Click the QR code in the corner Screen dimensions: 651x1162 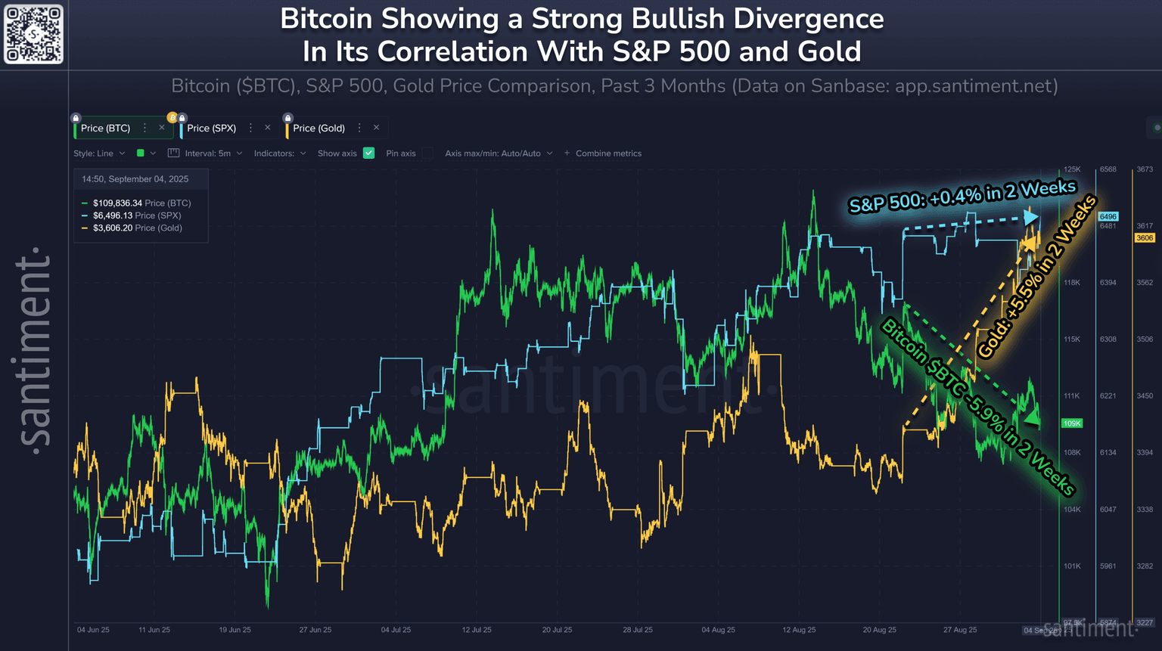click(x=34, y=34)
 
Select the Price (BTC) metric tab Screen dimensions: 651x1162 click(x=105, y=129)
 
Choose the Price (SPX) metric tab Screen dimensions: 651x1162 click(x=211, y=129)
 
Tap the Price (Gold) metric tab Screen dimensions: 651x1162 click(x=318, y=129)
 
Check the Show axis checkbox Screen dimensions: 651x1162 click(x=369, y=153)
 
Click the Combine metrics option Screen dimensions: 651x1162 click(x=607, y=153)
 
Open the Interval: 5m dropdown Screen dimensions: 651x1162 click(x=207, y=153)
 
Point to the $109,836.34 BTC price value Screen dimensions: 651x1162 click(x=117, y=203)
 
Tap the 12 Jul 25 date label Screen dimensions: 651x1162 click(x=477, y=630)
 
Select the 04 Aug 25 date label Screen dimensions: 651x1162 click(x=718, y=630)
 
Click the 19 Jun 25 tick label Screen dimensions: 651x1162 click(x=235, y=630)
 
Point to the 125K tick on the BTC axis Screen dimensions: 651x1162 click(x=1072, y=169)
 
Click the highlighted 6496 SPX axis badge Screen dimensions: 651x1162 click(x=1108, y=217)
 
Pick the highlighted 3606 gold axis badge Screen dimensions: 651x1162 click(x=1145, y=238)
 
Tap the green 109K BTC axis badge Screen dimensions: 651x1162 click(x=1072, y=423)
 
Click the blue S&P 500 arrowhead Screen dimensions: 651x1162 click(x=1031, y=218)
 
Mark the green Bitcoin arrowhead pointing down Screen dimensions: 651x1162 click(x=1030, y=417)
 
